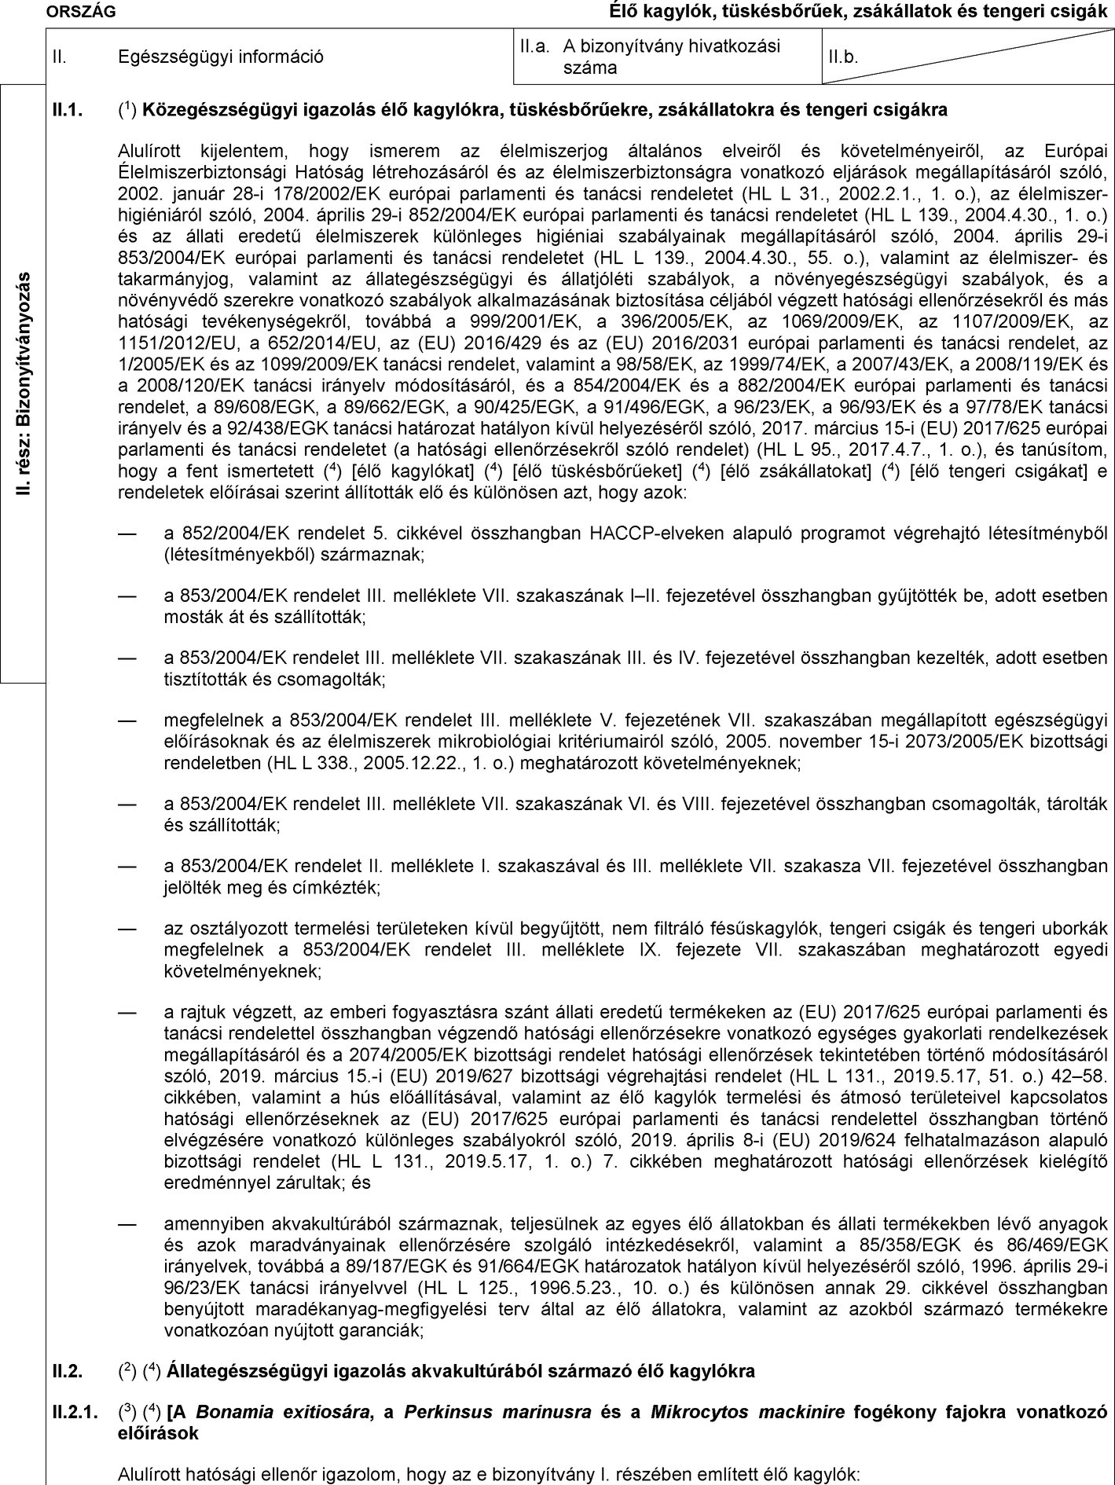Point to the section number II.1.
pyautogui.click(x=68, y=110)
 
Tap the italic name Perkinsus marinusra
pyautogui.click(x=499, y=1411)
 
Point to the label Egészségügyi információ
pyautogui.click(x=220, y=57)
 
